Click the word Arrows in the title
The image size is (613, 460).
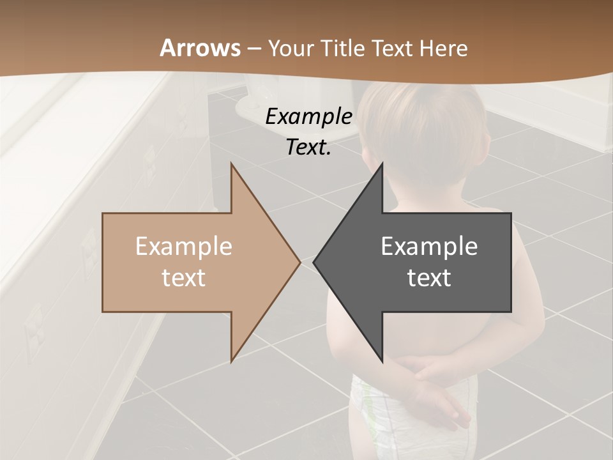[200, 48]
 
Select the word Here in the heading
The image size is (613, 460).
[444, 48]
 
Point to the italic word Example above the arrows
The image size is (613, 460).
[308, 117]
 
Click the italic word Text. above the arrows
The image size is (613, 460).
[308, 148]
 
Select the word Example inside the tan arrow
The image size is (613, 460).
[183, 247]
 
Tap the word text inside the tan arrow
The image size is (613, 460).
[183, 277]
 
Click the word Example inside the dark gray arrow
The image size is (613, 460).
[429, 247]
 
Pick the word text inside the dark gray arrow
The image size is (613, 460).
[429, 277]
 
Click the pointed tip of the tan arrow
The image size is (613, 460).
[299, 262]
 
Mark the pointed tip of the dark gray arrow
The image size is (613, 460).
[314, 262]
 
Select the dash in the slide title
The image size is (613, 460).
[254, 49]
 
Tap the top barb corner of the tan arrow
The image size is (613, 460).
[232, 165]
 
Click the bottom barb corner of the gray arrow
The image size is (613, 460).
[382, 361]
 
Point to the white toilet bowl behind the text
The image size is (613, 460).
[252, 112]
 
